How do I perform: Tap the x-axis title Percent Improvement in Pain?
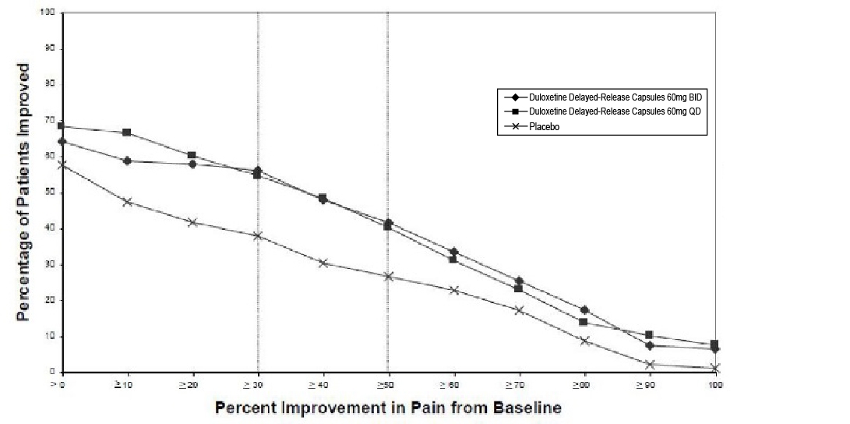point(388,407)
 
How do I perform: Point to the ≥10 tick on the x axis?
point(126,384)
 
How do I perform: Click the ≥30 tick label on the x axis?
point(257,384)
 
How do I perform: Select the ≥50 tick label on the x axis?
point(387,384)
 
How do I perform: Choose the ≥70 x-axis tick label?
point(518,384)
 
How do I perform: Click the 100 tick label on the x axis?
point(714,384)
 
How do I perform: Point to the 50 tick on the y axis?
point(49,193)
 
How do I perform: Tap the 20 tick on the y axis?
point(49,300)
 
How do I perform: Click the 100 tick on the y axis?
point(49,13)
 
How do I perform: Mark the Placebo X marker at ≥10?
point(127,202)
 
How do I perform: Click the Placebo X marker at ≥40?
point(323,263)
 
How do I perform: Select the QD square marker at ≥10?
point(127,132)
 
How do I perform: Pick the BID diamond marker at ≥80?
point(584,310)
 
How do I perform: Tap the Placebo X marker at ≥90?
point(650,364)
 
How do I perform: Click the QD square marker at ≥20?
point(192,155)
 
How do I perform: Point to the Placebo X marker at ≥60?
point(453,291)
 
